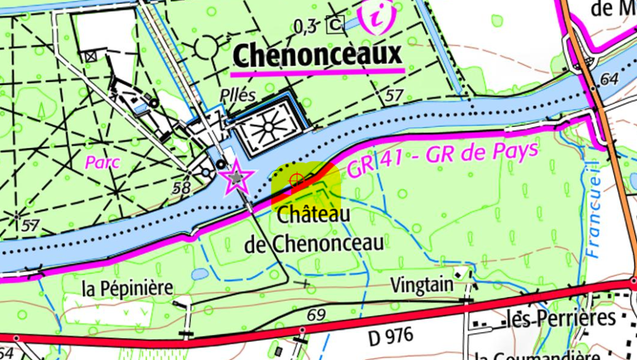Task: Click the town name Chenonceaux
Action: pyautogui.click(x=317, y=56)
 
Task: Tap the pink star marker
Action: pyautogui.click(x=236, y=179)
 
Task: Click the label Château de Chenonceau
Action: pyautogui.click(x=314, y=229)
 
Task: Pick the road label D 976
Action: pyautogui.click(x=391, y=336)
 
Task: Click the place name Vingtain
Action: pyautogui.click(x=422, y=285)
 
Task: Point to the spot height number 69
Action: pyautogui.click(x=317, y=315)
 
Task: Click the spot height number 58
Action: pyautogui.click(x=182, y=188)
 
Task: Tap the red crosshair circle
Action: pyautogui.click(x=297, y=180)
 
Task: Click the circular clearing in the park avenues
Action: pyautogui.click(x=207, y=47)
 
